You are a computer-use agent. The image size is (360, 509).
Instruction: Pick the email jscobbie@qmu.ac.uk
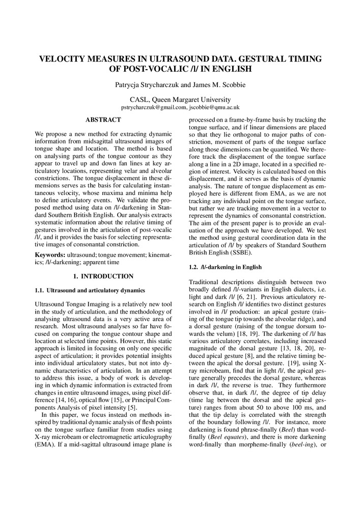pyautogui.click(x=213, y=108)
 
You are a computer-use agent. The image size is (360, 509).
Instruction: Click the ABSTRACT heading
pyautogui.click(x=103, y=120)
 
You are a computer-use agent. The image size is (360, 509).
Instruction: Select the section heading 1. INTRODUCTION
pyautogui.click(x=103, y=276)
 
